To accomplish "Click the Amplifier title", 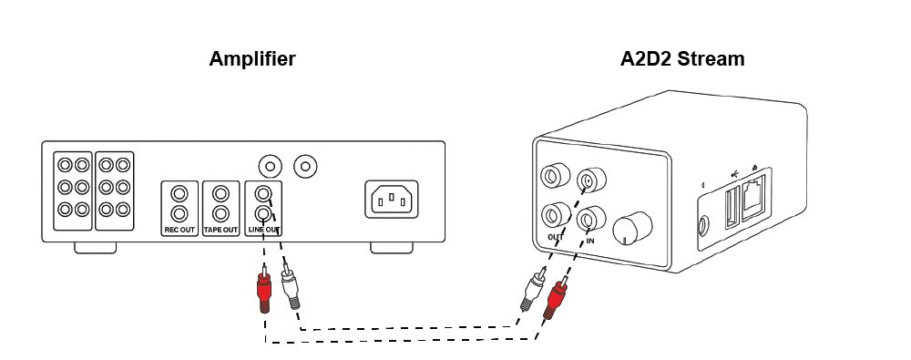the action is click(252, 59).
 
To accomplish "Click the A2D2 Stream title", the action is click(682, 59).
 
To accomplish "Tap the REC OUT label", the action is click(179, 231).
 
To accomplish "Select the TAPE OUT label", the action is click(220, 231).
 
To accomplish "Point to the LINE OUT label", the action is click(264, 231).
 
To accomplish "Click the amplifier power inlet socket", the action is click(391, 200).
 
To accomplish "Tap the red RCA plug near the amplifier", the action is click(264, 289).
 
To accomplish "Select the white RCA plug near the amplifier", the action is click(290, 286).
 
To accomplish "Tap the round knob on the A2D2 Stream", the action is click(632, 229).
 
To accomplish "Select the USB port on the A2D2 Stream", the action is click(731, 206).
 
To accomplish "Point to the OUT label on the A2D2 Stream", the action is click(556, 237).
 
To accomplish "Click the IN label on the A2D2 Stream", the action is click(590, 241).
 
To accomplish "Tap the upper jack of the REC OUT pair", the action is click(179, 193).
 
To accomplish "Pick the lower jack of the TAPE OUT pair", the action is click(220, 213).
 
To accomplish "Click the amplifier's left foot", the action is click(95, 247).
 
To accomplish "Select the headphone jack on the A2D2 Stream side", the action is click(705, 224).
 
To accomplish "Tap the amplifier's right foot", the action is click(392, 247).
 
